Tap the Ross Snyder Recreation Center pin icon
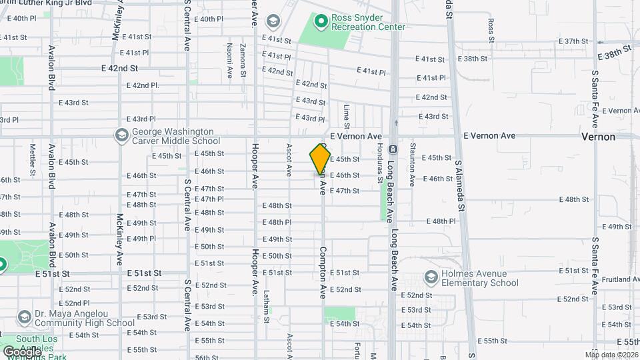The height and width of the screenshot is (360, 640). pos(321,21)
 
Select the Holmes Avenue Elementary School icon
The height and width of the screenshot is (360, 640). pos(431,277)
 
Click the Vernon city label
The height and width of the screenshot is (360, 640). pos(598,136)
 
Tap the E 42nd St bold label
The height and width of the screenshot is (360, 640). pos(119,69)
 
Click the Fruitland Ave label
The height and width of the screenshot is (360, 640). pos(619,279)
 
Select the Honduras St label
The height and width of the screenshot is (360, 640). pos(379,163)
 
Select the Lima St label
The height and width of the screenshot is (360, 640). pos(347,115)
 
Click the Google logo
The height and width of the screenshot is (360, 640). pos(22,351)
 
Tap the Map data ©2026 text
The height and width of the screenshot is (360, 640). pos(611,354)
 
